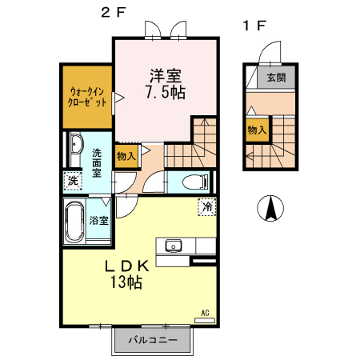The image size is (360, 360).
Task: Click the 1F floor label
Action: (254, 25)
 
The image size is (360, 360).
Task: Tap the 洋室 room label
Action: (166, 77)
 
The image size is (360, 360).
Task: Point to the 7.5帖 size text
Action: (166, 94)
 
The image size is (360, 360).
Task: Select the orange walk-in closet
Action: (87, 97)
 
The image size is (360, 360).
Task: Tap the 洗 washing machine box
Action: (73, 182)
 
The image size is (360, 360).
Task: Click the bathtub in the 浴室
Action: (74, 223)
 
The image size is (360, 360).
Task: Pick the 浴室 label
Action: (100, 222)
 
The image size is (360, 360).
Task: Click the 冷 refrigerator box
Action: (207, 206)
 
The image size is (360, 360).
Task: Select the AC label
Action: (205, 313)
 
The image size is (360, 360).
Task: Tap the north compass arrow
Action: (270, 210)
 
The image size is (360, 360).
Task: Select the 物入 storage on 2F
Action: (126, 154)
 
